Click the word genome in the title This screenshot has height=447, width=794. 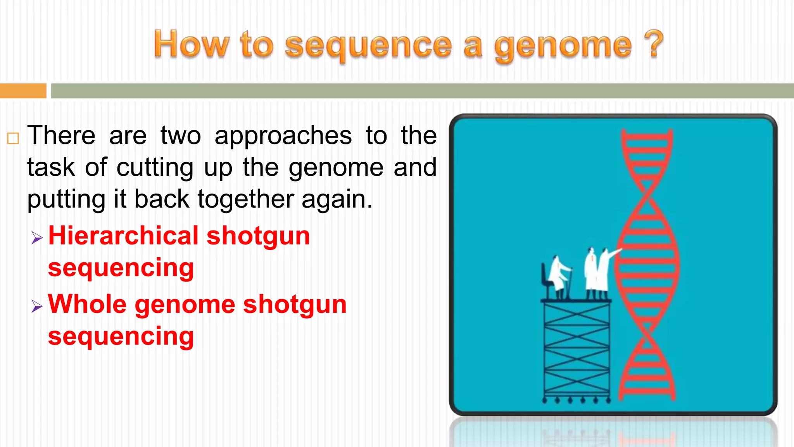click(x=563, y=46)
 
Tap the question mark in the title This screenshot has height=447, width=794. click(x=654, y=43)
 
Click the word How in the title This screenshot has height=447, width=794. click(x=192, y=44)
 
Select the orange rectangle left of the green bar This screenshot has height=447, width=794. click(x=23, y=91)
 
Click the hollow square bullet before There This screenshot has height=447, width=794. click(x=13, y=138)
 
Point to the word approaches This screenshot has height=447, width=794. click(x=283, y=136)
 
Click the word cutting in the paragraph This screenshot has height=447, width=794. click(x=155, y=168)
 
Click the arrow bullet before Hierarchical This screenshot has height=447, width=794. click(x=37, y=237)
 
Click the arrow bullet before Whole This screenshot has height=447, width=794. click(x=37, y=307)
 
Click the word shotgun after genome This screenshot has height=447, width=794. click(x=295, y=305)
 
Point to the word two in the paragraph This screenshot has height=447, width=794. click(x=181, y=136)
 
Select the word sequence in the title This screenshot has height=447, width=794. click(x=368, y=46)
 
